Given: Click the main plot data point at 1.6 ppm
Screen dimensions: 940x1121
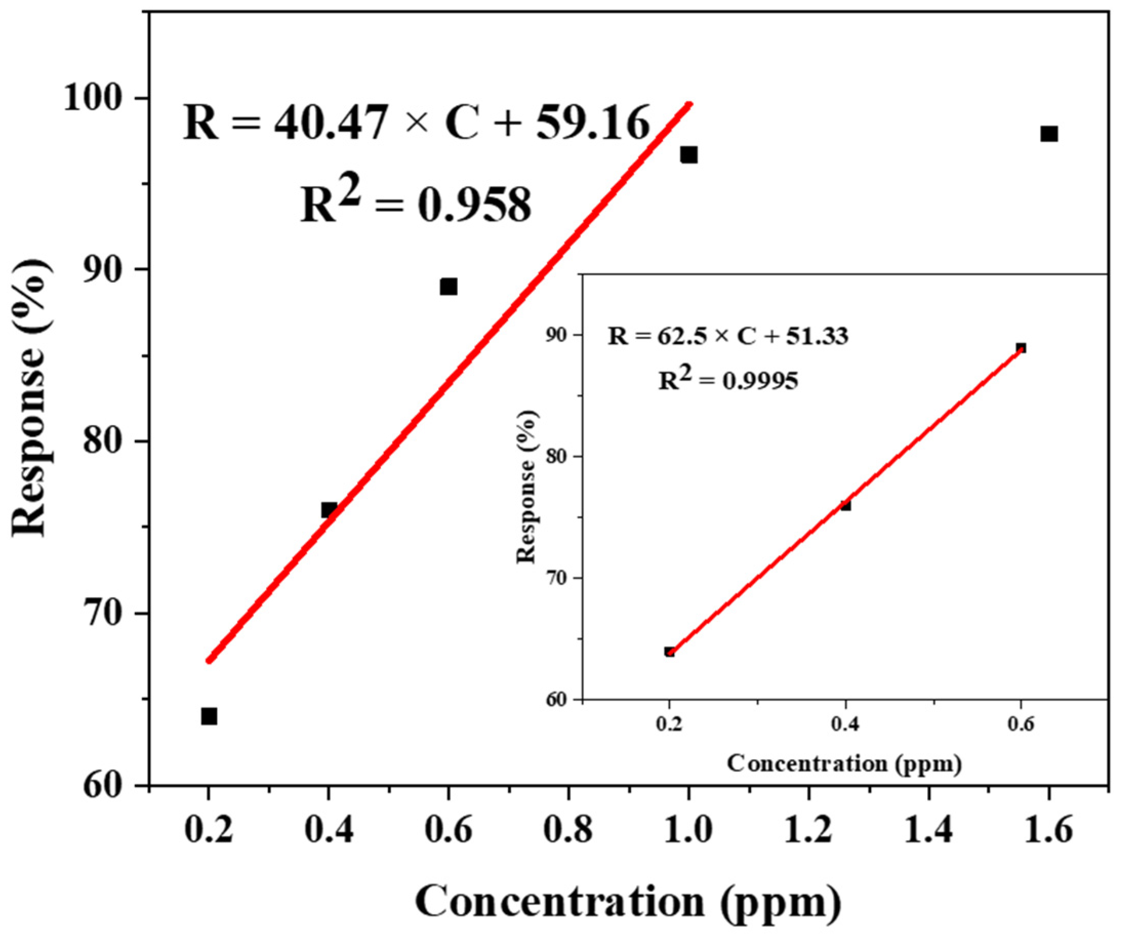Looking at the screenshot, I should pyautogui.click(x=1049, y=134).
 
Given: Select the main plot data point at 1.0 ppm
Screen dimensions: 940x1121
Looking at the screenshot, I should pyautogui.click(x=688, y=155).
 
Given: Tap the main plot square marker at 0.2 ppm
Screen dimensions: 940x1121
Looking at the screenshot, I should pyautogui.click(x=209, y=717).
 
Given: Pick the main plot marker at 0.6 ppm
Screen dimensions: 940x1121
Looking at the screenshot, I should pyautogui.click(x=449, y=287).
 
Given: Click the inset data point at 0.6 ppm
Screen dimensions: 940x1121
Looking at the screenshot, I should pyautogui.click(x=1021, y=348).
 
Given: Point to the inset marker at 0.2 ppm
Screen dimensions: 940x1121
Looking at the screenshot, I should pyautogui.click(x=669, y=652).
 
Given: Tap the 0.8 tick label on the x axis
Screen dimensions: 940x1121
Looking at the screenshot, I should pyautogui.click(x=568, y=832).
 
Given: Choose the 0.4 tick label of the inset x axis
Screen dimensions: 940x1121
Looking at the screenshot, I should pyautogui.click(x=845, y=725).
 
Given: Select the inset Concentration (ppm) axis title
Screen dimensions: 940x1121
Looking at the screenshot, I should pyautogui.click(x=844, y=763).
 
